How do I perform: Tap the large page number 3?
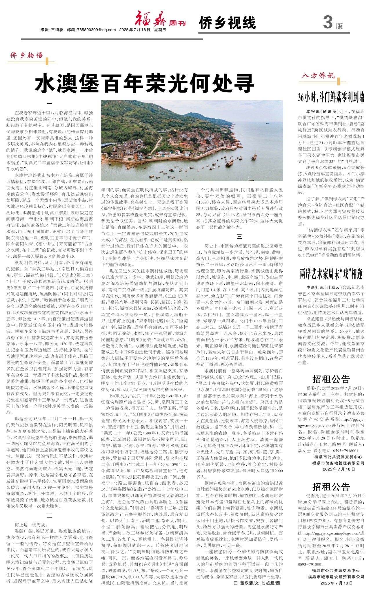[328, 22]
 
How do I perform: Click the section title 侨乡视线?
[227, 23]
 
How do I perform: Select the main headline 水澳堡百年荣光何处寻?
[144, 83]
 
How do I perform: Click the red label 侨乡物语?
[26, 55]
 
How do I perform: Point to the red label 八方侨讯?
[318, 76]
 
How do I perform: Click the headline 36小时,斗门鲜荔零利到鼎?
[331, 97]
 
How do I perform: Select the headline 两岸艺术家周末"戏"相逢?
[331, 274]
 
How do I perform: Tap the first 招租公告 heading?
[331, 379]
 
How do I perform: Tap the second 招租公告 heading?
[331, 487]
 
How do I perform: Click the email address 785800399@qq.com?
[97, 30]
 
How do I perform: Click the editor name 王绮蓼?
[57, 30]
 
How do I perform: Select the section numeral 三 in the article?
[239, 237]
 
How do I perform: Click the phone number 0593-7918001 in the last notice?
[310, 564]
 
